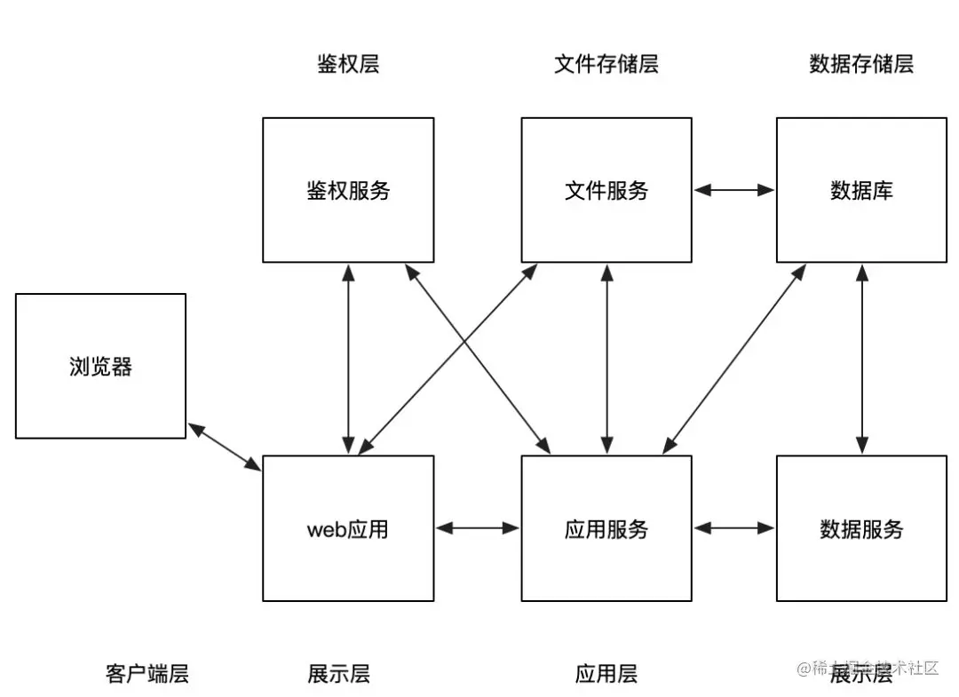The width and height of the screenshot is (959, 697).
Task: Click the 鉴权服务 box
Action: pyautogui.click(x=348, y=190)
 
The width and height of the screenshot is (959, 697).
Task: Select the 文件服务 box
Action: pyautogui.click(x=606, y=190)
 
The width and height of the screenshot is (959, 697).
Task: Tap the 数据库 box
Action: pyautogui.click(x=861, y=190)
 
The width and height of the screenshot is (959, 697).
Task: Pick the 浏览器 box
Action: pyautogui.click(x=100, y=366)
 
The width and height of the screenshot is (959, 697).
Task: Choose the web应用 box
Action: pyautogui.click(x=348, y=528)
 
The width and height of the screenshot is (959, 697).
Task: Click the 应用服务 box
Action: pyautogui.click(x=606, y=528)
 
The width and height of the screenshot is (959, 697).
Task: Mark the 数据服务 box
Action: pyautogui.click(x=861, y=528)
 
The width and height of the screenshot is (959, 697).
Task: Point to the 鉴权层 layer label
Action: pyautogui.click(x=348, y=64)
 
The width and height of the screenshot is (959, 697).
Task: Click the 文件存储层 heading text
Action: pyautogui.click(x=606, y=64)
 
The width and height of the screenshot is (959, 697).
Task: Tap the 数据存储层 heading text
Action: pyautogui.click(x=861, y=64)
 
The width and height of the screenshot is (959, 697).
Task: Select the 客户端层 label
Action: pyautogui.click(x=147, y=674)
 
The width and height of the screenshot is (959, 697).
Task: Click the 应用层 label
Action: pyautogui.click(x=606, y=674)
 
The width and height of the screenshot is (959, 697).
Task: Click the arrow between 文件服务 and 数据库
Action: pyautogui.click(x=734, y=190)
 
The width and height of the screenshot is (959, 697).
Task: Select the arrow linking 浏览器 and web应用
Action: pyautogui.click(x=224, y=447)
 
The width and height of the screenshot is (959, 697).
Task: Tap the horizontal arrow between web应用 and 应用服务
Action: pyautogui.click(x=478, y=528)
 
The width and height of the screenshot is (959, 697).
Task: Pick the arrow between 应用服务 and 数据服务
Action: pyautogui.click(x=734, y=528)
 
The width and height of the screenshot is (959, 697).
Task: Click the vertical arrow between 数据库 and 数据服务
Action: pyautogui.click(x=861, y=359)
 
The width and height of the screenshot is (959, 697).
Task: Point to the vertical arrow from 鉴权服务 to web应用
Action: pyautogui.click(x=348, y=359)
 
